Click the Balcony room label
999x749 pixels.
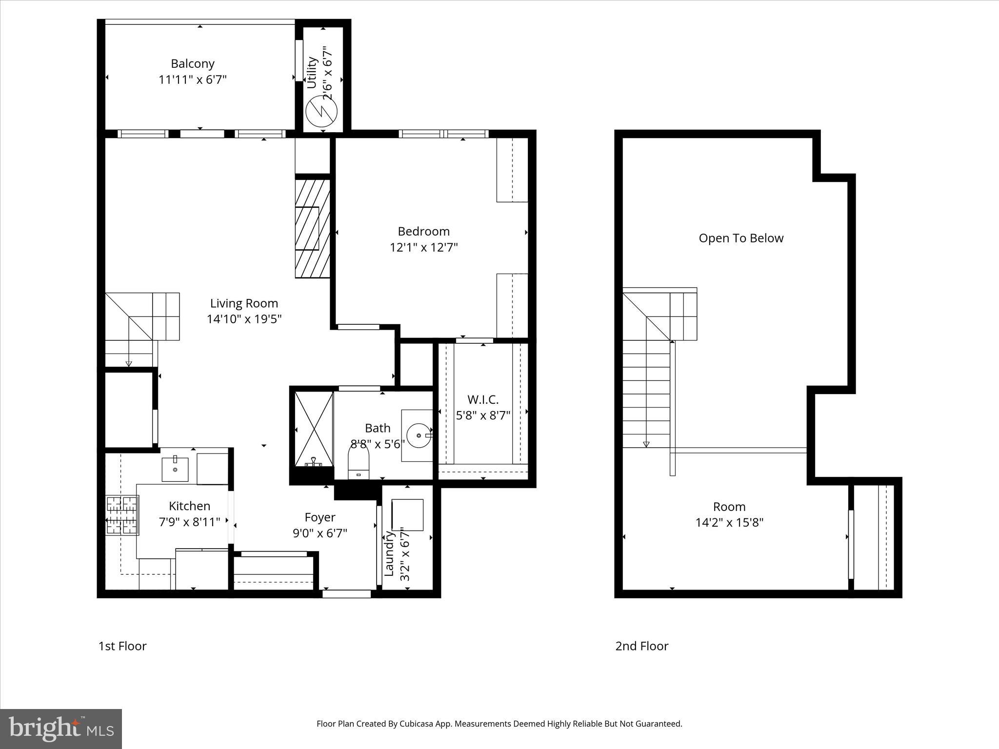coord(192,63)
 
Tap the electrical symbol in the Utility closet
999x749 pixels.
coord(321,112)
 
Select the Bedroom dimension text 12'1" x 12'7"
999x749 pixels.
coord(423,247)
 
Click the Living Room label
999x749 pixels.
coord(244,303)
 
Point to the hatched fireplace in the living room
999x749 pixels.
coord(312,228)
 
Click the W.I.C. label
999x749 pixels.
coord(483,400)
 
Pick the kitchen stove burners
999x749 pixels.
coord(122,516)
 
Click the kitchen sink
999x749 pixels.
coord(175,469)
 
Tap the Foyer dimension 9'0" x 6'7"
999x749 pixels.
coord(320,533)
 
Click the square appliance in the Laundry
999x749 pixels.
coord(407,515)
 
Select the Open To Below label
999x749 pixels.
coord(740,238)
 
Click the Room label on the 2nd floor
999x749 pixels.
coord(729,506)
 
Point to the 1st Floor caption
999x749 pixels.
coord(122,646)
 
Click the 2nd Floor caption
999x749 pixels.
coord(641,646)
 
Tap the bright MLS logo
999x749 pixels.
coord(61,729)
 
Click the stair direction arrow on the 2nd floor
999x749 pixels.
coord(646,444)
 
